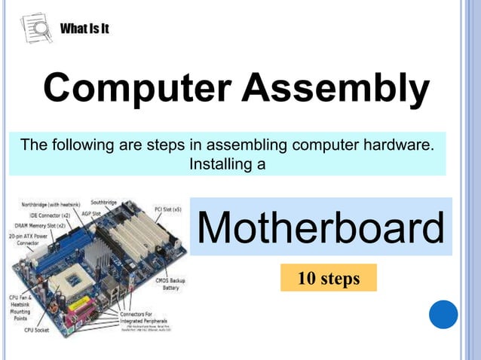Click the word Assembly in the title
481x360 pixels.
click(x=336, y=88)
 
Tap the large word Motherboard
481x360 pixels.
click(x=320, y=228)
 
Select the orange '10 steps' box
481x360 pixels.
click(x=328, y=279)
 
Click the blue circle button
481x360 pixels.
click(x=443, y=314)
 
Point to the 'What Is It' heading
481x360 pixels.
click(x=85, y=29)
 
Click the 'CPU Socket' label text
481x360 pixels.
click(x=37, y=330)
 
